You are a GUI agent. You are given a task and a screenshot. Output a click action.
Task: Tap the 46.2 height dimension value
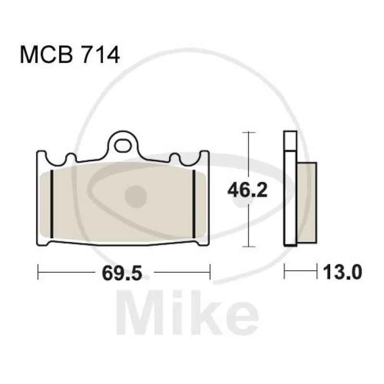247,192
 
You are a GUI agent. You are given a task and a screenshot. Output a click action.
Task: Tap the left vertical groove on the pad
51,204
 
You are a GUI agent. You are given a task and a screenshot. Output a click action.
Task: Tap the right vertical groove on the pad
193,204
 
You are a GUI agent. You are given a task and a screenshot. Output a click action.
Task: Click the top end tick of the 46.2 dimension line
248,132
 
